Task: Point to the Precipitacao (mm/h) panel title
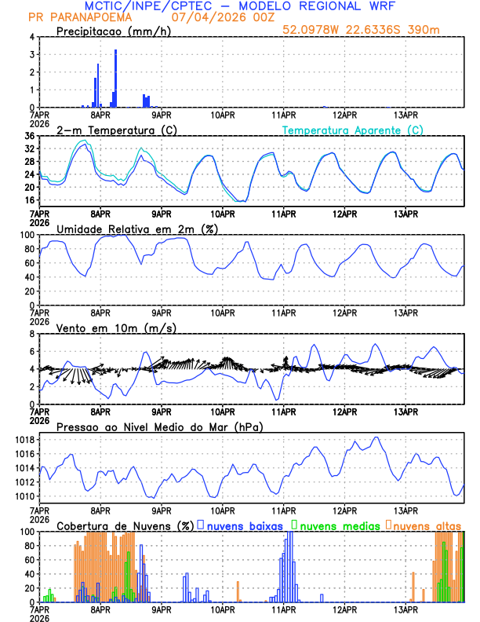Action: point(114,31)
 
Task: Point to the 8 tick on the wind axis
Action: point(32,334)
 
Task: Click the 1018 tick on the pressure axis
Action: point(24,440)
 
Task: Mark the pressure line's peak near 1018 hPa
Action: point(377,437)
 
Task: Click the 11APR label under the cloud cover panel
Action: point(284,609)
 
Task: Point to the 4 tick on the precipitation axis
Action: point(32,37)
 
